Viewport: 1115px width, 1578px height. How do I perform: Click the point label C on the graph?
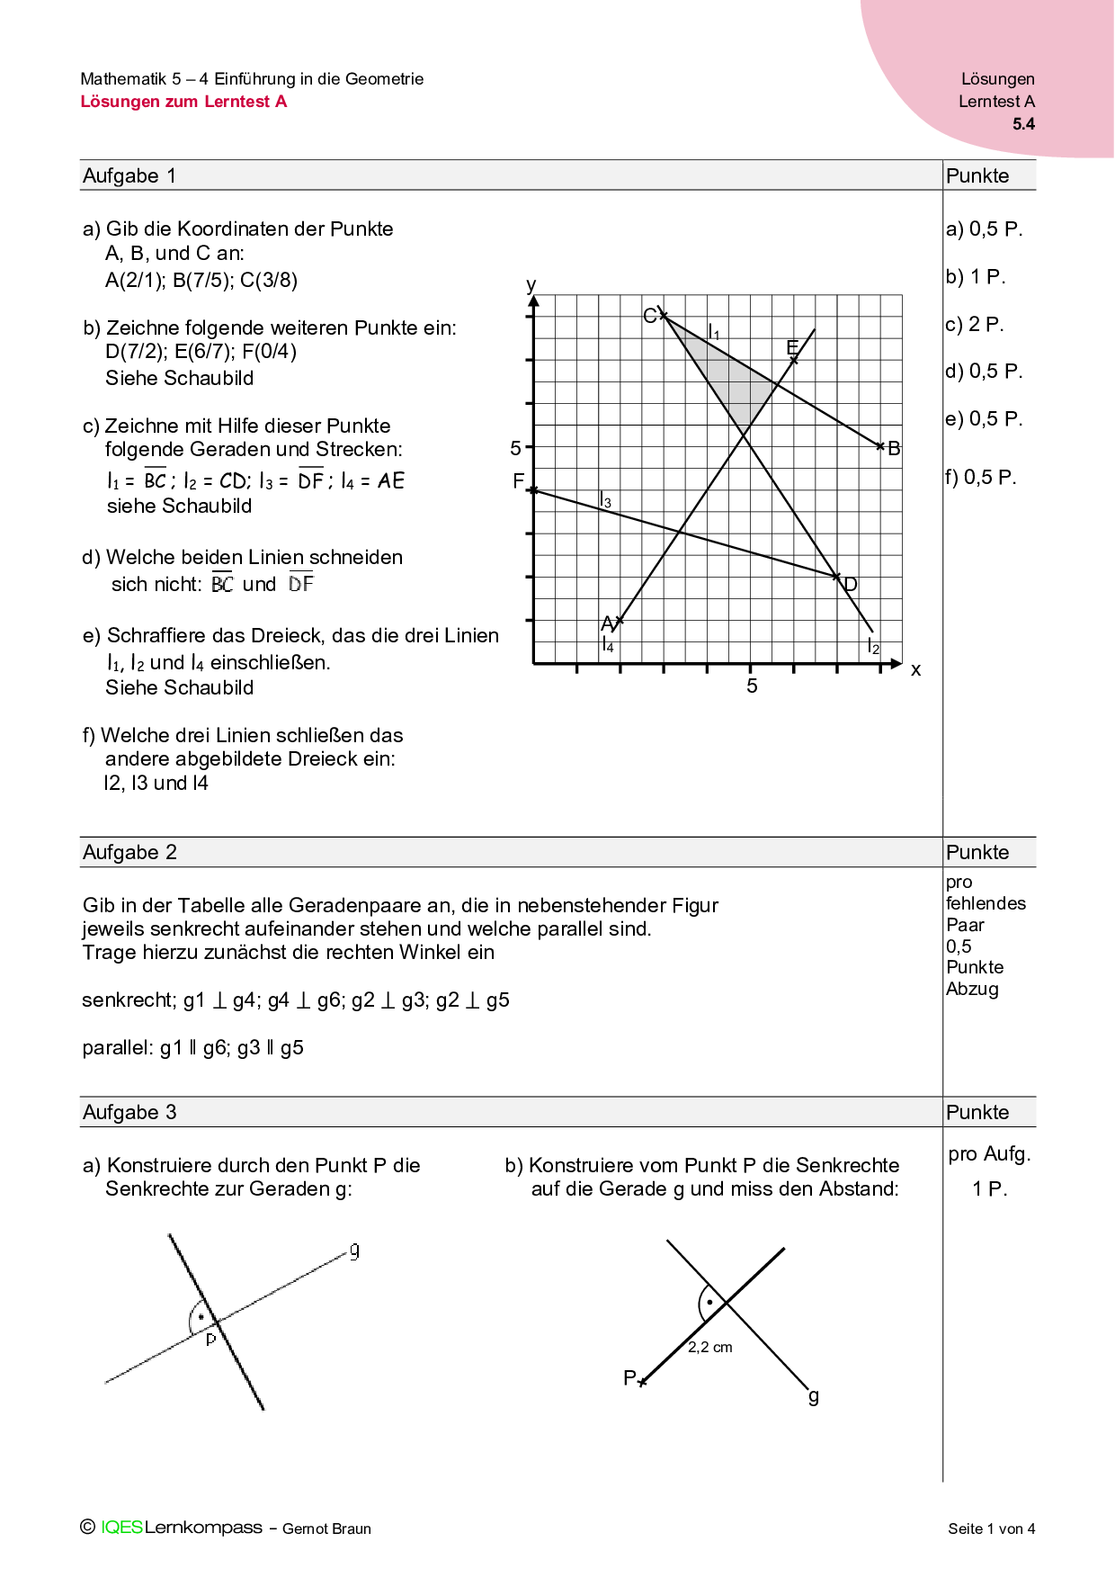coord(649,316)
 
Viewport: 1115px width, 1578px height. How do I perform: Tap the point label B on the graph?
coord(894,448)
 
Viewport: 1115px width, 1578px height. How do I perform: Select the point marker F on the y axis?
coord(533,490)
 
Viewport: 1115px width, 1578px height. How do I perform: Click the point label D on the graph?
coord(851,585)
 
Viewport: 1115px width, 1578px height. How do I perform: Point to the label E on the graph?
coord(792,347)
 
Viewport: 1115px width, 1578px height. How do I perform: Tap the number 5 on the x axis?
coord(752,686)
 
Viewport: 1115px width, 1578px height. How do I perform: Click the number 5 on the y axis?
coord(515,448)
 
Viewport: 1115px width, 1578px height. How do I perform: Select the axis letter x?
coord(915,669)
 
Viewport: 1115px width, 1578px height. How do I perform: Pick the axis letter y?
coord(531,285)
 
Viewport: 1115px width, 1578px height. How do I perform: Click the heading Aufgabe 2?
coord(129,852)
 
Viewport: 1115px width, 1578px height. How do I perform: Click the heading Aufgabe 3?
coord(129,1112)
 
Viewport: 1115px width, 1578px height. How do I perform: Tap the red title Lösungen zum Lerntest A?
coord(183,102)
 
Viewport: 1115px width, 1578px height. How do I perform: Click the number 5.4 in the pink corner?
coord(1023,124)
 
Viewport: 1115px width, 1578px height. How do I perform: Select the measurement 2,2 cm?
coord(709,1347)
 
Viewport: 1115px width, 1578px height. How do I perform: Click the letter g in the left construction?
coord(355,1251)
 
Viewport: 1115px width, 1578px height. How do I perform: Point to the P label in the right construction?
coord(629,1377)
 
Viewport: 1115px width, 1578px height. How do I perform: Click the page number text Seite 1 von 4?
coord(991,1529)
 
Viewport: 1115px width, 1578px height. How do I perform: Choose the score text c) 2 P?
coord(974,324)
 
